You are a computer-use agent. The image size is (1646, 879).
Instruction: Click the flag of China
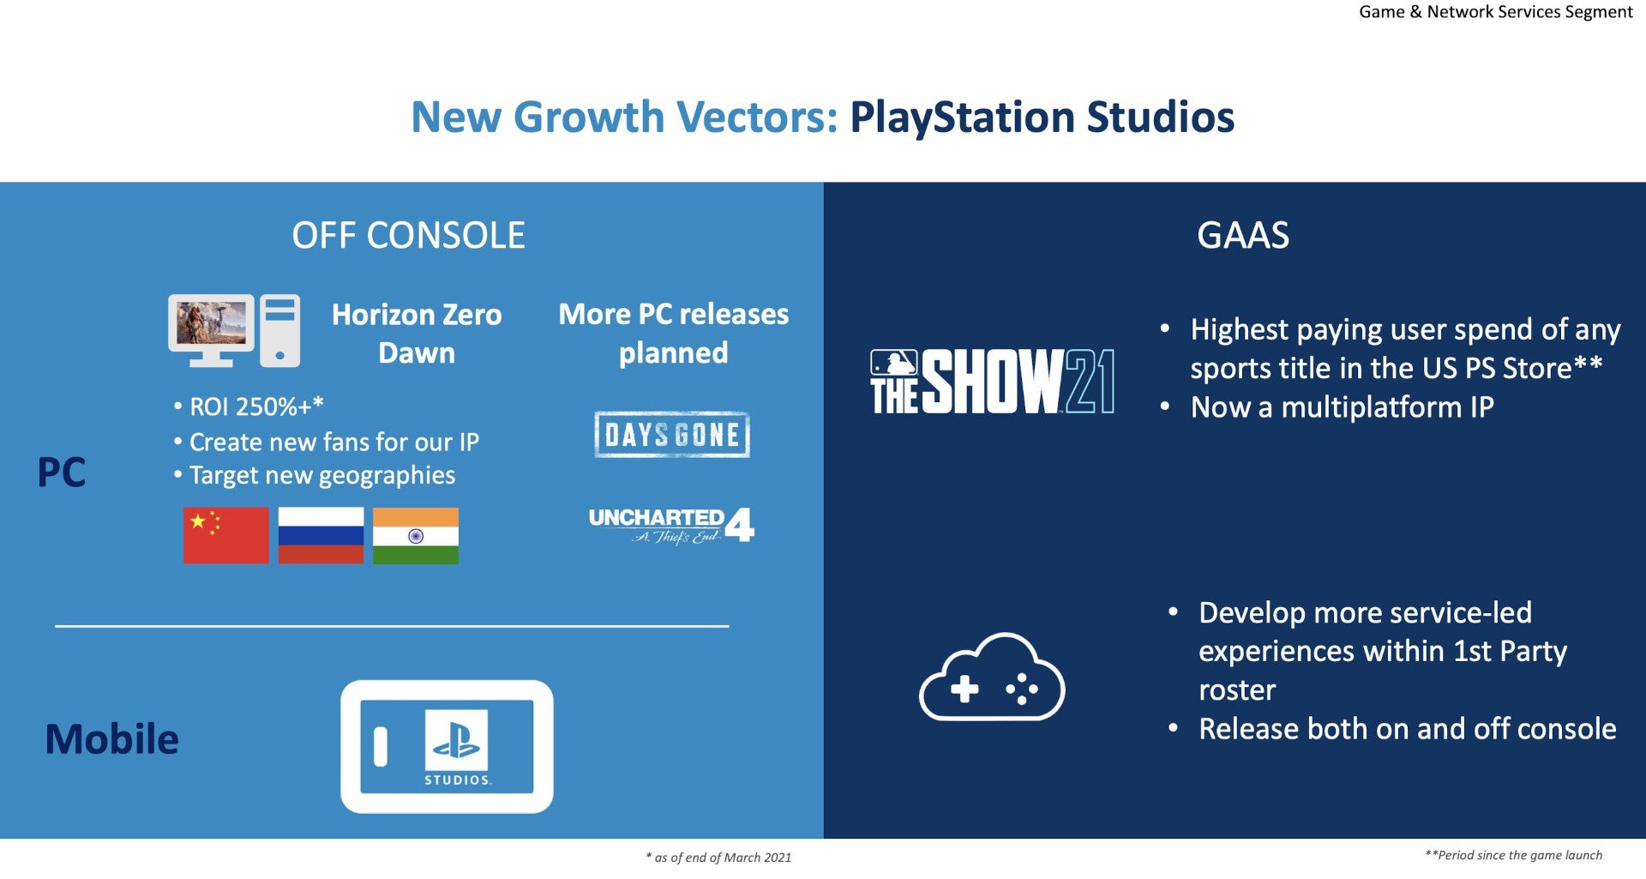click(226, 535)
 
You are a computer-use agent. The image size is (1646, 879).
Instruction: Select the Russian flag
click(321, 535)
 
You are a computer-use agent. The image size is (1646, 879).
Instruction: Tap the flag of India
click(416, 535)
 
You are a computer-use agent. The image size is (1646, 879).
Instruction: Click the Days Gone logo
click(672, 435)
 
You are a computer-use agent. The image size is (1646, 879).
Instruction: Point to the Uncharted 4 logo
click(671, 525)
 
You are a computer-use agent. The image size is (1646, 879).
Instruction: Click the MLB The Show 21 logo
click(992, 382)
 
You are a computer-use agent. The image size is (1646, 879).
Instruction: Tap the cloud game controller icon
click(992, 677)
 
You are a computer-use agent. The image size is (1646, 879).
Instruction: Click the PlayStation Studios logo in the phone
click(457, 746)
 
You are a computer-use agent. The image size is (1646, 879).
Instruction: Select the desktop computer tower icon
click(279, 331)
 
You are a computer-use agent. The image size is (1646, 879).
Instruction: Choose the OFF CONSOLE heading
click(408, 235)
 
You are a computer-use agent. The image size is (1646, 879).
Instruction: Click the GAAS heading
click(1243, 235)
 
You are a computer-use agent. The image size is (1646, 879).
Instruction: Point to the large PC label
click(62, 472)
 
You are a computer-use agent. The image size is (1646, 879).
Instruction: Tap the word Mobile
click(111, 738)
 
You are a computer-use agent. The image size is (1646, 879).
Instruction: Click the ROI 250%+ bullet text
click(249, 406)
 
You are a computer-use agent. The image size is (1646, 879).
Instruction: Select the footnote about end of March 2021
click(718, 857)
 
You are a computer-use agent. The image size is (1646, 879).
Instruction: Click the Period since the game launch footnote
click(1513, 854)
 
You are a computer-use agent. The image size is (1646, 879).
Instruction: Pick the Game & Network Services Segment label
click(1496, 12)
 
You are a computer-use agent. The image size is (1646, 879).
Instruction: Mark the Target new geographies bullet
click(315, 475)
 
